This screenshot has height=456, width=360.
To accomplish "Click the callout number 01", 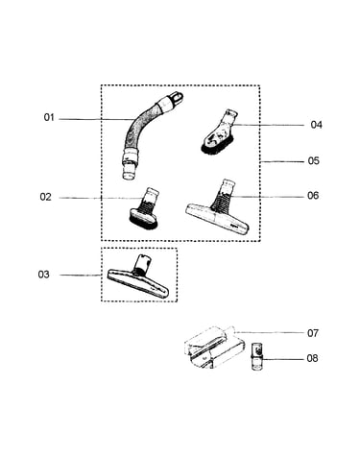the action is [49, 118].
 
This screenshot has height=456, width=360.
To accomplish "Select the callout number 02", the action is [45, 197].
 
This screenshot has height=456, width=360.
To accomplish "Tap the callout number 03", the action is [44, 275].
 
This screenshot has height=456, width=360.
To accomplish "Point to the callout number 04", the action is [316, 125].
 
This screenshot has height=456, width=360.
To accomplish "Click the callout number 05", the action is [314, 160].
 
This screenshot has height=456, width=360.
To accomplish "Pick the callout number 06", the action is [313, 195].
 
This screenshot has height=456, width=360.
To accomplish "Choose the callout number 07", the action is [313, 333].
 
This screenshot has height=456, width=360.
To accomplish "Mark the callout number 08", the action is [312, 358].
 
